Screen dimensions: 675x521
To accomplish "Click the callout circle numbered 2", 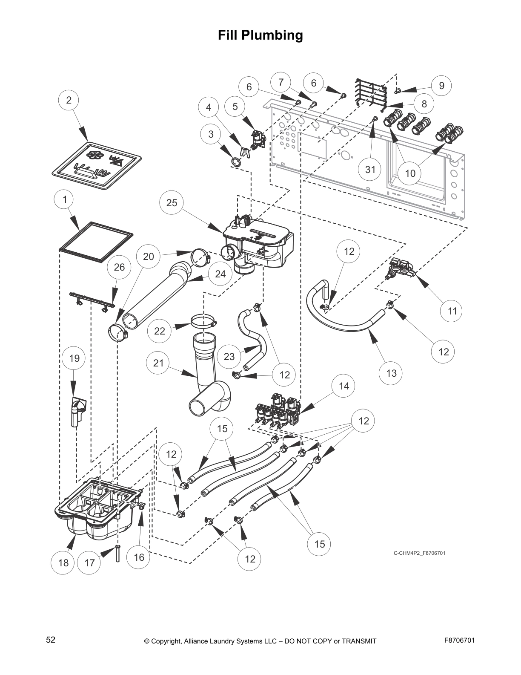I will click(x=69, y=101).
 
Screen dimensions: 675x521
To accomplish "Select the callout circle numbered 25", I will click(x=172, y=202).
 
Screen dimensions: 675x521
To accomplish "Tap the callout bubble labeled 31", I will click(x=370, y=170).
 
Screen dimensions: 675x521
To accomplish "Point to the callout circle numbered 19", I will click(x=74, y=358).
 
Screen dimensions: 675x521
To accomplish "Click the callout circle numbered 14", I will click(x=344, y=386).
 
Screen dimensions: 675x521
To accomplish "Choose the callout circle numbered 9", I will click(x=441, y=86).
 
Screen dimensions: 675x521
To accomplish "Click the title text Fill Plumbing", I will click(x=260, y=35).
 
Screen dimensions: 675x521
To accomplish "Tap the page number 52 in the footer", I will click(x=51, y=640).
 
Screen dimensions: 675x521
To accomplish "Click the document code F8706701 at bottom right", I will click(x=459, y=640).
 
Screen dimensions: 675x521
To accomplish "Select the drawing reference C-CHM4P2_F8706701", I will click(x=419, y=553).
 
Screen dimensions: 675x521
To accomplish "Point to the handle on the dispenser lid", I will click(x=92, y=171).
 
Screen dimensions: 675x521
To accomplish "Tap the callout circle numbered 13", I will click(x=391, y=373).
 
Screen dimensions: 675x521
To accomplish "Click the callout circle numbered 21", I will click(x=158, y=363).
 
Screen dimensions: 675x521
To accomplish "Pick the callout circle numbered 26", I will click(x=119, y=267).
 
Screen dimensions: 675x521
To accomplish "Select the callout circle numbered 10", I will click(x=409, y=173).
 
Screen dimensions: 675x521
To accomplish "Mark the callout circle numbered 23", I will click(x=229, y=356).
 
